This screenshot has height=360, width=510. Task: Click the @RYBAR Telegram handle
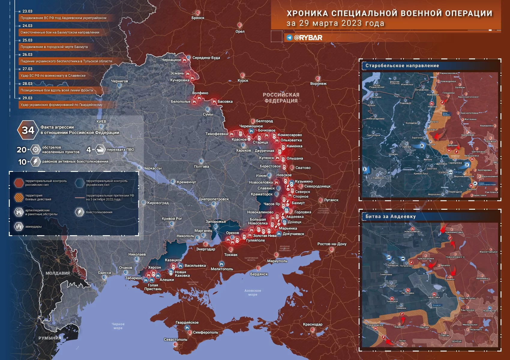click(308, 38)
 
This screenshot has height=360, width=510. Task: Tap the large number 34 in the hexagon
click(28, 130)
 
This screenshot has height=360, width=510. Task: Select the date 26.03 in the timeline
click(27, 55)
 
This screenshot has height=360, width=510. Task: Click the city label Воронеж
click(318, 84)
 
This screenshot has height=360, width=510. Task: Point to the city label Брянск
click(198, 18)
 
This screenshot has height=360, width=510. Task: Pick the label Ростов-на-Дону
click(332, 244)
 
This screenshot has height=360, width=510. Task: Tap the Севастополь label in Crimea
click(175, 340)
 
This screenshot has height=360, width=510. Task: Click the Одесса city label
click(104, 273)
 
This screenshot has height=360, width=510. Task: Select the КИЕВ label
click(101, 121)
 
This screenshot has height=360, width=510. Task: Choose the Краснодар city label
click(313, 324)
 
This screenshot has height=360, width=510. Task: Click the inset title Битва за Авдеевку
click(391, 217)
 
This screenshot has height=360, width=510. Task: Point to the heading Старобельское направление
click(402, 66)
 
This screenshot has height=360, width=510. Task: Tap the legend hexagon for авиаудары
click(19, 226)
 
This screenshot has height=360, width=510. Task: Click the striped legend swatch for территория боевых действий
click(19, 197)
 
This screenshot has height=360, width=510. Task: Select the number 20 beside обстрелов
click(22, 150)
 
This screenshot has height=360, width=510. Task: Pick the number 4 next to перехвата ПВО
click(88, 149)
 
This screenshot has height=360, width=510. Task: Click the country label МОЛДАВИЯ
click(58, 273)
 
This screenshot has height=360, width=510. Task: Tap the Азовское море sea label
click(253, 292)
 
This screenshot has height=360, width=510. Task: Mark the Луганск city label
click(331, 200)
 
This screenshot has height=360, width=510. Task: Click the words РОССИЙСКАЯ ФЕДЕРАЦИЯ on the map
click(281, 98)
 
